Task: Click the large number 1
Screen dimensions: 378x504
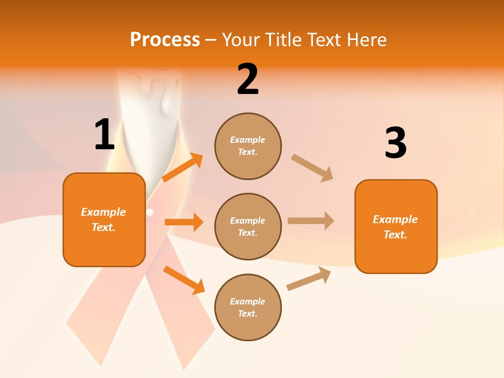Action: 104,135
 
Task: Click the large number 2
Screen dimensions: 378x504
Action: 248,80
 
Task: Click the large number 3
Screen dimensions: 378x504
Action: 395,143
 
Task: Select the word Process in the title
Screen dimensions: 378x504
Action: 165,39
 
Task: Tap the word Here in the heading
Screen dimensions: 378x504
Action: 365,39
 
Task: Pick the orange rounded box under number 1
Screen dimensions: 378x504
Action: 104,219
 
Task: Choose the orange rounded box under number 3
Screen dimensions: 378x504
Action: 396,227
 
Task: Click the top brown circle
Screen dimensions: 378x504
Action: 248,146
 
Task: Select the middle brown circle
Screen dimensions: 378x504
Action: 248,227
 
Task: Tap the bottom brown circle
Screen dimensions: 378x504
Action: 248,308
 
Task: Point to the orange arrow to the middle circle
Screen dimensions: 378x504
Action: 184,222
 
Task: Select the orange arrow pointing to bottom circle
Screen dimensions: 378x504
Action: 184,280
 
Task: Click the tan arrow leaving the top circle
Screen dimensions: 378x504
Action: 312,168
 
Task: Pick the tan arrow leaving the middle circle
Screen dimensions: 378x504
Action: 311,221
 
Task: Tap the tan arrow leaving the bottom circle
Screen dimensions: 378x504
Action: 309,278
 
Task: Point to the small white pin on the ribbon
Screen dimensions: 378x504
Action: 151,213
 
